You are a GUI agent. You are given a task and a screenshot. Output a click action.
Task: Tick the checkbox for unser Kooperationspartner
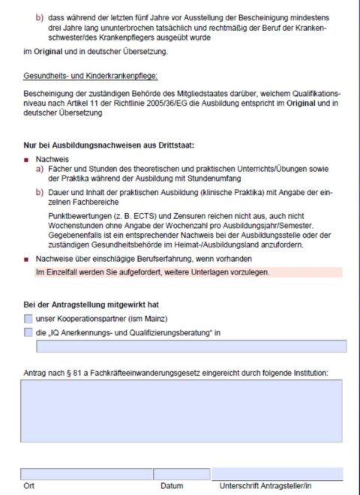pyautogui.click(x=28, y=319)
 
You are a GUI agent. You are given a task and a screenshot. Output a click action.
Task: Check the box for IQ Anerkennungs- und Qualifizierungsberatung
pyautogui.click(x=28, y=332)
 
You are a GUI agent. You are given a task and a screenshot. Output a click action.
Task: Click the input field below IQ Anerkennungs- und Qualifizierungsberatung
pyautogui.click(x=190, y=346)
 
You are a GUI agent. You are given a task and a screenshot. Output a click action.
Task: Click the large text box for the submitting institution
pyautogui.click(x=181, y=409)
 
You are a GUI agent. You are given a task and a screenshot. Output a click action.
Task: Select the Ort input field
pyautogui.click(x=85, y=474)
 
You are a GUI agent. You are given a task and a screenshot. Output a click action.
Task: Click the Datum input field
pyautogui.click(x=181, y=474)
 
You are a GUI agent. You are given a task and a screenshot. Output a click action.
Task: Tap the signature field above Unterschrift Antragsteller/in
pyautogui.click(x=277, y=473)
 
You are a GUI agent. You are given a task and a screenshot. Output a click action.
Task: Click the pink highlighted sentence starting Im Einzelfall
pyautogui.click(x=153, y=271)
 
